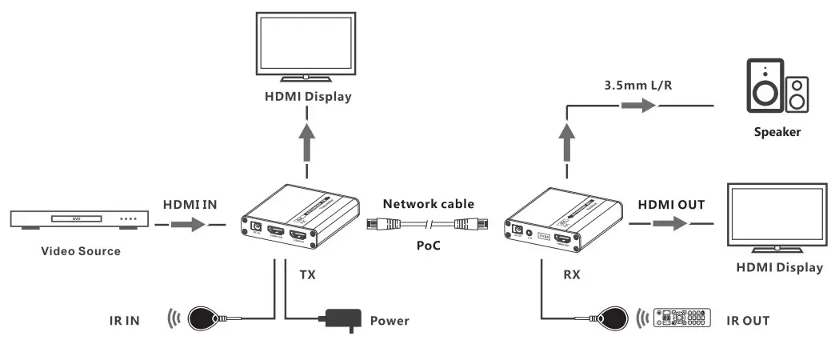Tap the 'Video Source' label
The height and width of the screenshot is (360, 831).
coord(81,251)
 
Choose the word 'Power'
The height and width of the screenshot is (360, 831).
coord(390,321)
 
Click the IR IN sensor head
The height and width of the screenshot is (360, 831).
coord(204,318)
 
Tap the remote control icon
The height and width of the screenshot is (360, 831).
coord(682,319)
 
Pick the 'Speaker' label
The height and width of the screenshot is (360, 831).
coord(777,132)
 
